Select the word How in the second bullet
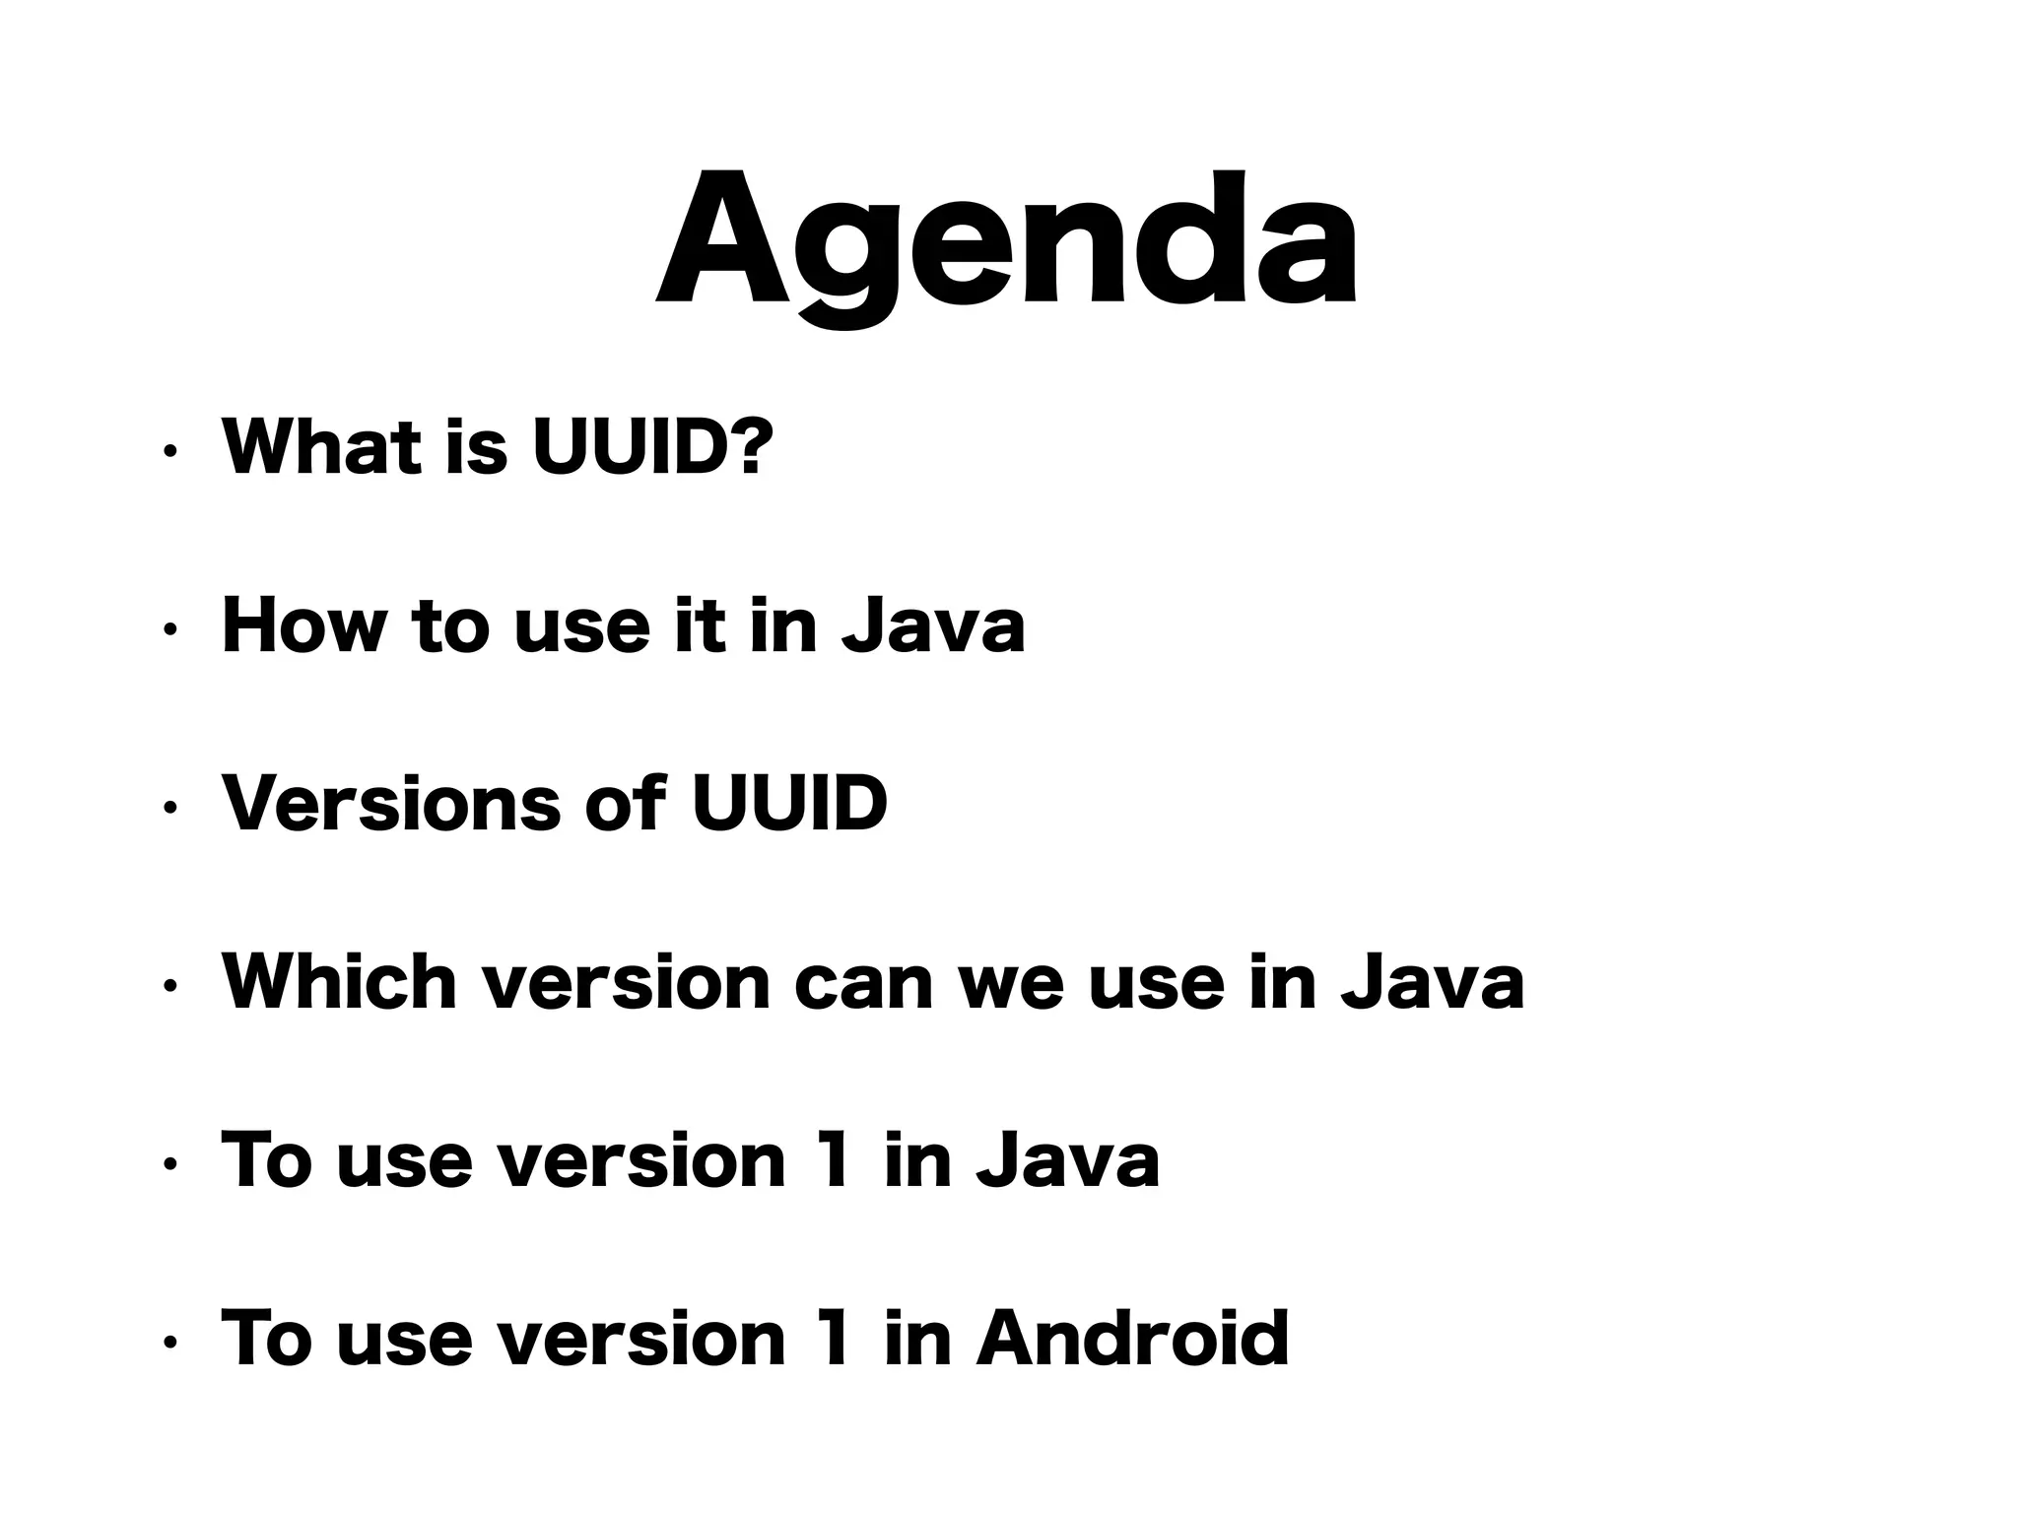[x=303, y=625]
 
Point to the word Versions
[x=390, y=803]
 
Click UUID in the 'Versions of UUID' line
[x=789, y=803]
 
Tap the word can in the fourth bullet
[x=863, y=983]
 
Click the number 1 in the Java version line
[x=834, y=1159]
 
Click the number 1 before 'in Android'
[x=834, y=1338]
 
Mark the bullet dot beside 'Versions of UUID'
[x=170, y=809]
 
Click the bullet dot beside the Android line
[x=170, y=1343]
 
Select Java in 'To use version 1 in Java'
[x=1067, y=1159]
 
